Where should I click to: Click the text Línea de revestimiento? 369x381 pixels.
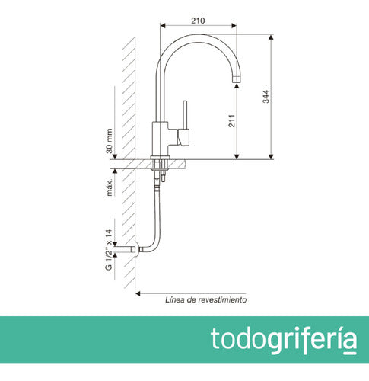tap(205, 300)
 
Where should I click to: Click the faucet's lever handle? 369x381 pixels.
tap(182, 118)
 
